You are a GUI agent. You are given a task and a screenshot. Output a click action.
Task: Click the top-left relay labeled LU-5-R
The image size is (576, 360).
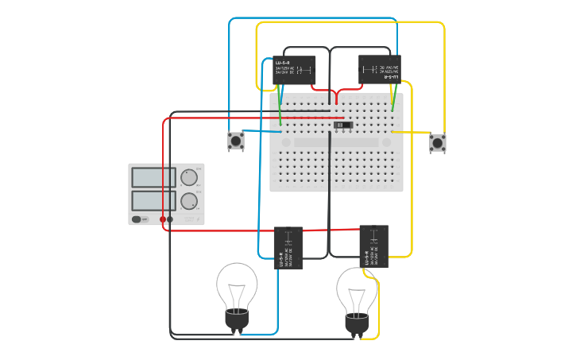[294, 70]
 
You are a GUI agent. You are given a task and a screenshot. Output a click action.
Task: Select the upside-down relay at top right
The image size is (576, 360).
[379, 69]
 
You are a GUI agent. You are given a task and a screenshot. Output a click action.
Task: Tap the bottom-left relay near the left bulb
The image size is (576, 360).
[288, 248]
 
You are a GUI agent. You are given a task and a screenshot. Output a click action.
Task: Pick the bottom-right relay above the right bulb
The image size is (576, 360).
[373, 246]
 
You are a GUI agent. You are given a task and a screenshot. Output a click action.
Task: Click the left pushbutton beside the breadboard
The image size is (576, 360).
[235, 141]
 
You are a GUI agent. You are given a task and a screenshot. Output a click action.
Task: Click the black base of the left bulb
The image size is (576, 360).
[237, 319]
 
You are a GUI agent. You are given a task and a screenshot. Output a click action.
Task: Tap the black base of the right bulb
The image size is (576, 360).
[357, 324]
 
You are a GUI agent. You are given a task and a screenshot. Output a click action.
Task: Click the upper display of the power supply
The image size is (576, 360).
[153, 177]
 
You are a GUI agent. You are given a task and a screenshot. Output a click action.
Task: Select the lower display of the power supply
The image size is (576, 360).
[153, 200]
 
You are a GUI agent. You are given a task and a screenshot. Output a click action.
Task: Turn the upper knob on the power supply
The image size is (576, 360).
[188, 177]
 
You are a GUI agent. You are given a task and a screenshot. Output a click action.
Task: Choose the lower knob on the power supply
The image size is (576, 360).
[188, 200]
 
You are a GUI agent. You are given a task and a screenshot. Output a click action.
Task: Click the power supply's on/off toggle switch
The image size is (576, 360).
[137, 219]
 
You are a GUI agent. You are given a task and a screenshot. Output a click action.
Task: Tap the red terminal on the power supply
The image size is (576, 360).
[163, 219]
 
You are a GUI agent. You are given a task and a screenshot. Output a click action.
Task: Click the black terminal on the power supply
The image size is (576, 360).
[170, 219]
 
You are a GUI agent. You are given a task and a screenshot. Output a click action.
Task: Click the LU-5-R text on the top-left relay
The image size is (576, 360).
[283, 62]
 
